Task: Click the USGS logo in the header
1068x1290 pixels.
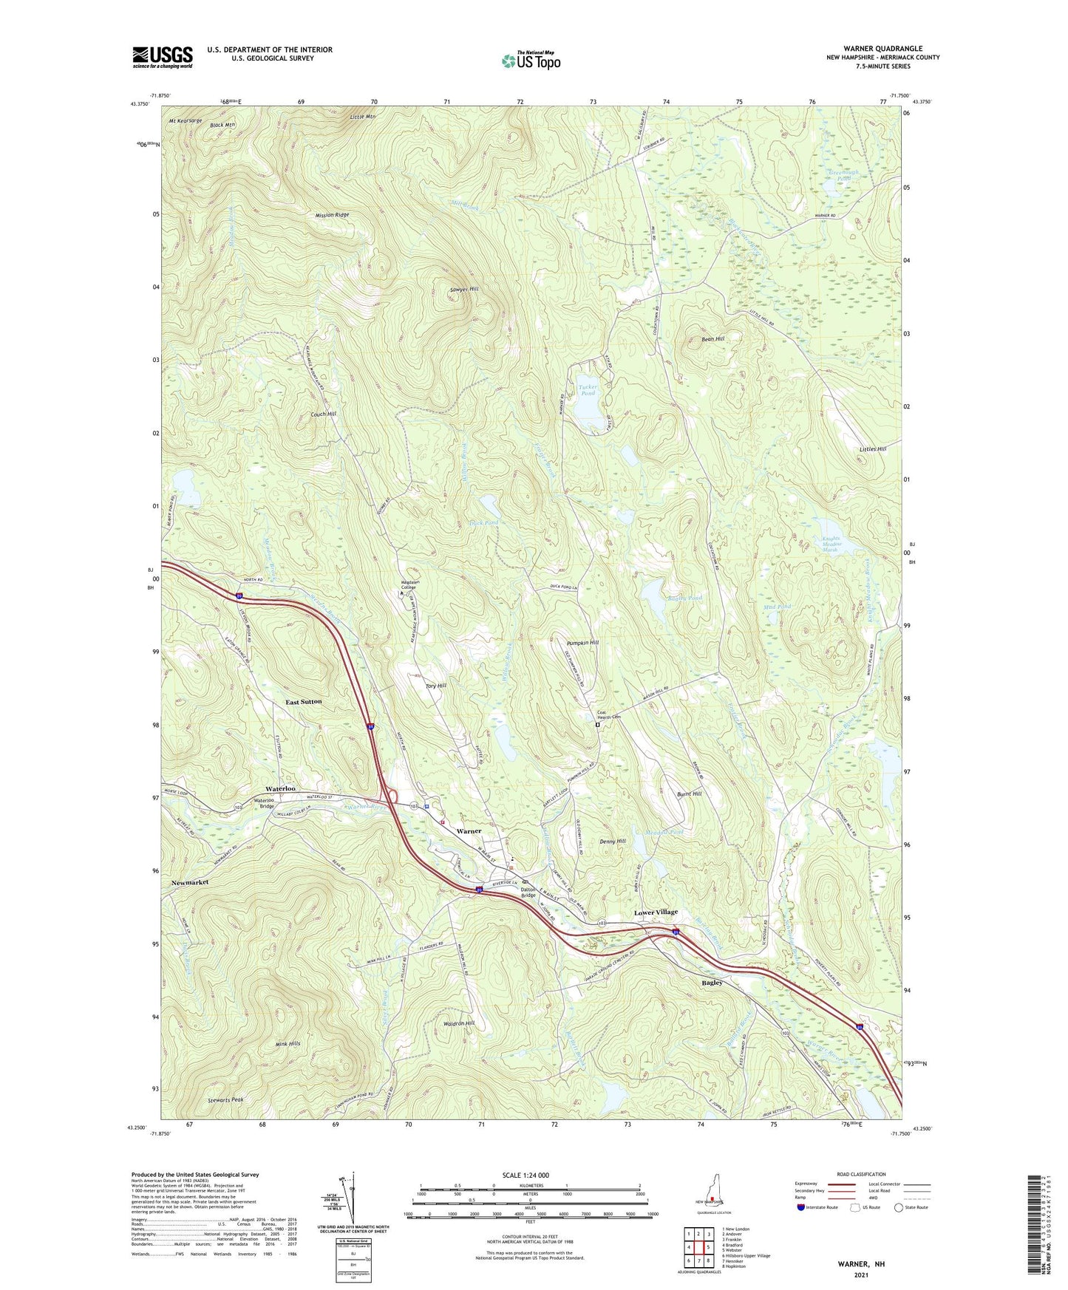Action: tap(162, 57)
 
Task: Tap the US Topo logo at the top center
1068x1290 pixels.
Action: tap(529, 61)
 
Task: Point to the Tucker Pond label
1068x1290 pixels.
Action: tap(588, 390)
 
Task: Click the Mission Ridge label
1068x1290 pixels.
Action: tap(332, 215)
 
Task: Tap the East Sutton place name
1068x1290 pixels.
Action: tap(304, 701)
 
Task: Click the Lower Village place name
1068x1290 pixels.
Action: tap(656, 912)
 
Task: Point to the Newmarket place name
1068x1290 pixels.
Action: tap(190, 883)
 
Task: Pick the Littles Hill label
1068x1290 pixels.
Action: tap(872, 448)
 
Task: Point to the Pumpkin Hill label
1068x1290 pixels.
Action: tap(582, 643)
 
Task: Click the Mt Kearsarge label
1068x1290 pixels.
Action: tap(185, 120)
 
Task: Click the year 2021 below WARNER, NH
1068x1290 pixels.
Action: tap(861, 1275)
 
